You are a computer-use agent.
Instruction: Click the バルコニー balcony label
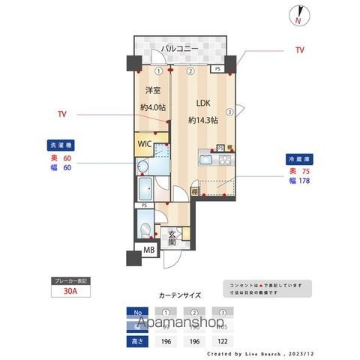[178, 49]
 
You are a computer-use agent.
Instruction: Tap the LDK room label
[202, 103]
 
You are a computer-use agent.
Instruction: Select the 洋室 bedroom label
[153, 91]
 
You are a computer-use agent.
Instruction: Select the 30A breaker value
[69, 293]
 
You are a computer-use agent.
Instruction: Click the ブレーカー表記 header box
[69, 280]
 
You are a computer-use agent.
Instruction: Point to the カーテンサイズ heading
[179, 295]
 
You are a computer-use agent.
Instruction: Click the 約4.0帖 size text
[153, 107]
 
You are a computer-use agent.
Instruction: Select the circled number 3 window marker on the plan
[230, 113]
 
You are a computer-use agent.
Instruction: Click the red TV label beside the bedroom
[62, 115]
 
